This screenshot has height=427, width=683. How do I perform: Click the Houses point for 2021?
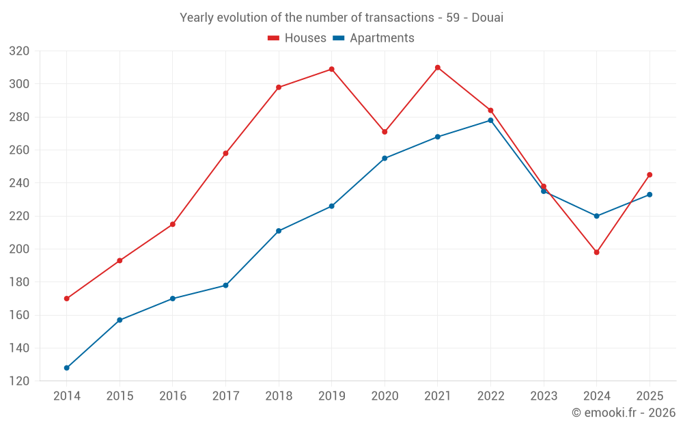tap(438, 68)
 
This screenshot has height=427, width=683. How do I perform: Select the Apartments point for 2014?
tap(67, 368)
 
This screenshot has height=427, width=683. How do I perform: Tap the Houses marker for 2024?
tap(596, 252)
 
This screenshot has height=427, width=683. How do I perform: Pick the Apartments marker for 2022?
tap(490, 120)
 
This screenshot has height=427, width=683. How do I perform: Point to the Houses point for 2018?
tap(279, 87)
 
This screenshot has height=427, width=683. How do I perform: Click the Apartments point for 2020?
tap(385, 158)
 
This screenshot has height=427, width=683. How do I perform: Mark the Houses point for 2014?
tap(67, 299)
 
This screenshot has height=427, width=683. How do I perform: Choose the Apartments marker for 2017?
tap(225, 285)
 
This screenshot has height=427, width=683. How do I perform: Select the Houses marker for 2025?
tap(650, 174)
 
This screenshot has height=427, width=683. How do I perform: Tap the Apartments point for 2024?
tap(596, 216)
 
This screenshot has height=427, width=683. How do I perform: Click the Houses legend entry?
tap(297, 38)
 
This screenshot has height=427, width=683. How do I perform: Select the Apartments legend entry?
tap(374, 38)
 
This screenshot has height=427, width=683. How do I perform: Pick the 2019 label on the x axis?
tap(332, 396)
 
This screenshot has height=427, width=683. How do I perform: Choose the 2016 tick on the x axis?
tap(173, 396)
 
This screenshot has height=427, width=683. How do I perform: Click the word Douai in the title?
tap(488, 18)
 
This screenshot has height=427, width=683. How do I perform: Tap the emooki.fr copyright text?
tap(623, 413)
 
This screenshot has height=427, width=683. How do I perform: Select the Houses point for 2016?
tap(173, 224)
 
